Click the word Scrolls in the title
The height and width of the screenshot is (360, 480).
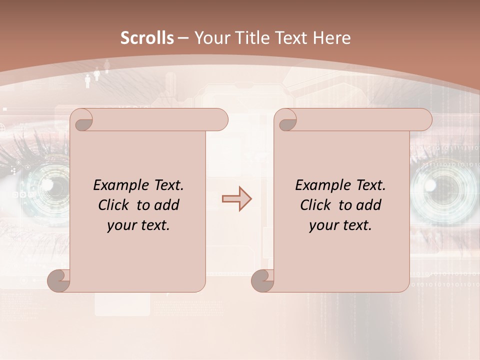[x=147, y=38]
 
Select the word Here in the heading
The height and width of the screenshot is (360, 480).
[x=332, y=38]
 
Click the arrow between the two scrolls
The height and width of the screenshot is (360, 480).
[x=236, y=199]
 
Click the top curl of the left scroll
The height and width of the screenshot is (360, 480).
[x=82, y=120]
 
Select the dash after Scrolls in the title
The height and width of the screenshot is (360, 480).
[x=183, y=38]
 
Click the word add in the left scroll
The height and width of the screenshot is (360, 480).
[x=167, y=205]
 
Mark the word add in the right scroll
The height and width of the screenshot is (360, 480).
[x=369, y=205]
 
